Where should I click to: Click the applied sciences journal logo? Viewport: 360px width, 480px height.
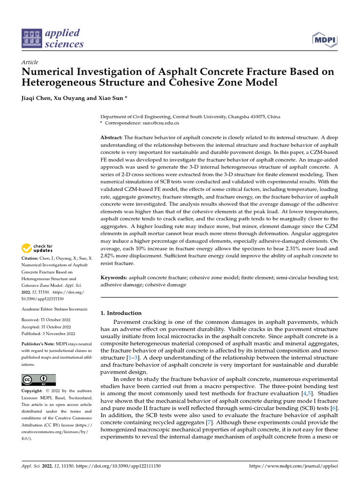point(52,39)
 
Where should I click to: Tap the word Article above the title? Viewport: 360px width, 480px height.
point(30,62)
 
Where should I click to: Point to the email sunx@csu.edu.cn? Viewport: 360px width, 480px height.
point(161,123)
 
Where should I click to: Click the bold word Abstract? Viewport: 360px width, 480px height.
point(112,137)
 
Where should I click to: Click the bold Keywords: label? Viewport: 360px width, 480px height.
point(114,278)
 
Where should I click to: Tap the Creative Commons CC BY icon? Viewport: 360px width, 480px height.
point(38,380)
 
